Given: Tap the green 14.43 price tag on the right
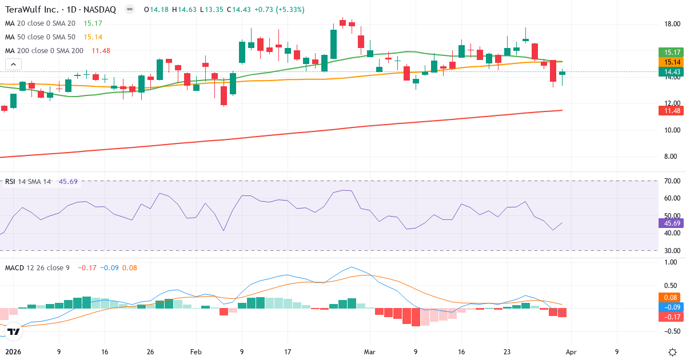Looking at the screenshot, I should click(x=668, y=71).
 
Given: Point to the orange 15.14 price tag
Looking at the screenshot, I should click(x=668, y=62).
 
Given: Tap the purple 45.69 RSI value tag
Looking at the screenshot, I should click(x=668, y=223).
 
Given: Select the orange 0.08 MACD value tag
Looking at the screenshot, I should click(x=668, y=297).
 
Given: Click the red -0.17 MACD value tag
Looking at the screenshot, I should click(x=668, y=317).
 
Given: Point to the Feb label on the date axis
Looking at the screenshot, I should click(x=196, y=353).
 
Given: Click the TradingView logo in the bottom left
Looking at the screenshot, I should click(x=14, y=331).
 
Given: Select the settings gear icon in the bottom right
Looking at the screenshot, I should click(x=673, y=352).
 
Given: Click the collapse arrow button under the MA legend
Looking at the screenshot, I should click(x=13, y=64).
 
